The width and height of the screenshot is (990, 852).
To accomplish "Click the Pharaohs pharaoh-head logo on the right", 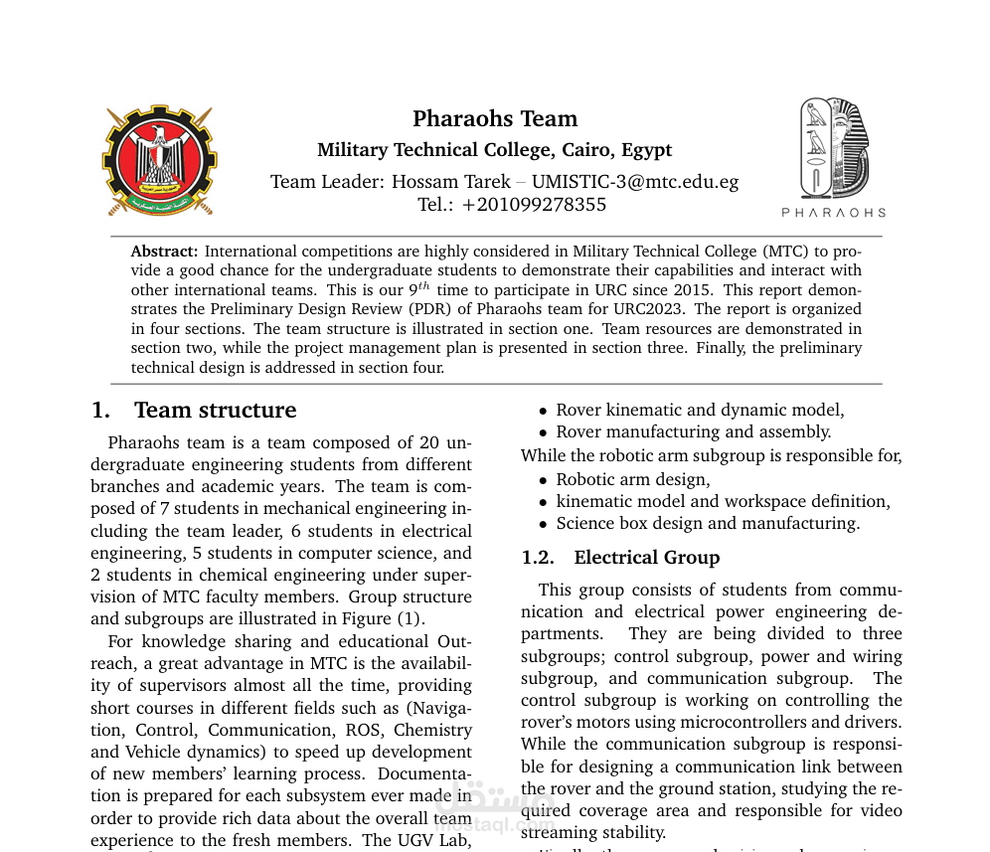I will click(834, 148).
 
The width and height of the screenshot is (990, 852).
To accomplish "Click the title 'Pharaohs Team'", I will click(495, 119).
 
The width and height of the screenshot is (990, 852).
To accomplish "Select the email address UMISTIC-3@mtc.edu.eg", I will click(635, 182).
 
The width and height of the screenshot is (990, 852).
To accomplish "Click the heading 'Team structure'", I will click(215, 411).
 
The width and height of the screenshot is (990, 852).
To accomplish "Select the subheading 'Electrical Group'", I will click(646, 558).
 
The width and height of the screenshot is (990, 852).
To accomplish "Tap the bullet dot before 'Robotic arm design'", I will click(543, 481).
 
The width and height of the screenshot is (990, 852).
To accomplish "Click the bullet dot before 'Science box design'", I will click(543, 525).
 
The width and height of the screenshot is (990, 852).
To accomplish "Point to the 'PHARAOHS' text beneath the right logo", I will click(833, 213).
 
